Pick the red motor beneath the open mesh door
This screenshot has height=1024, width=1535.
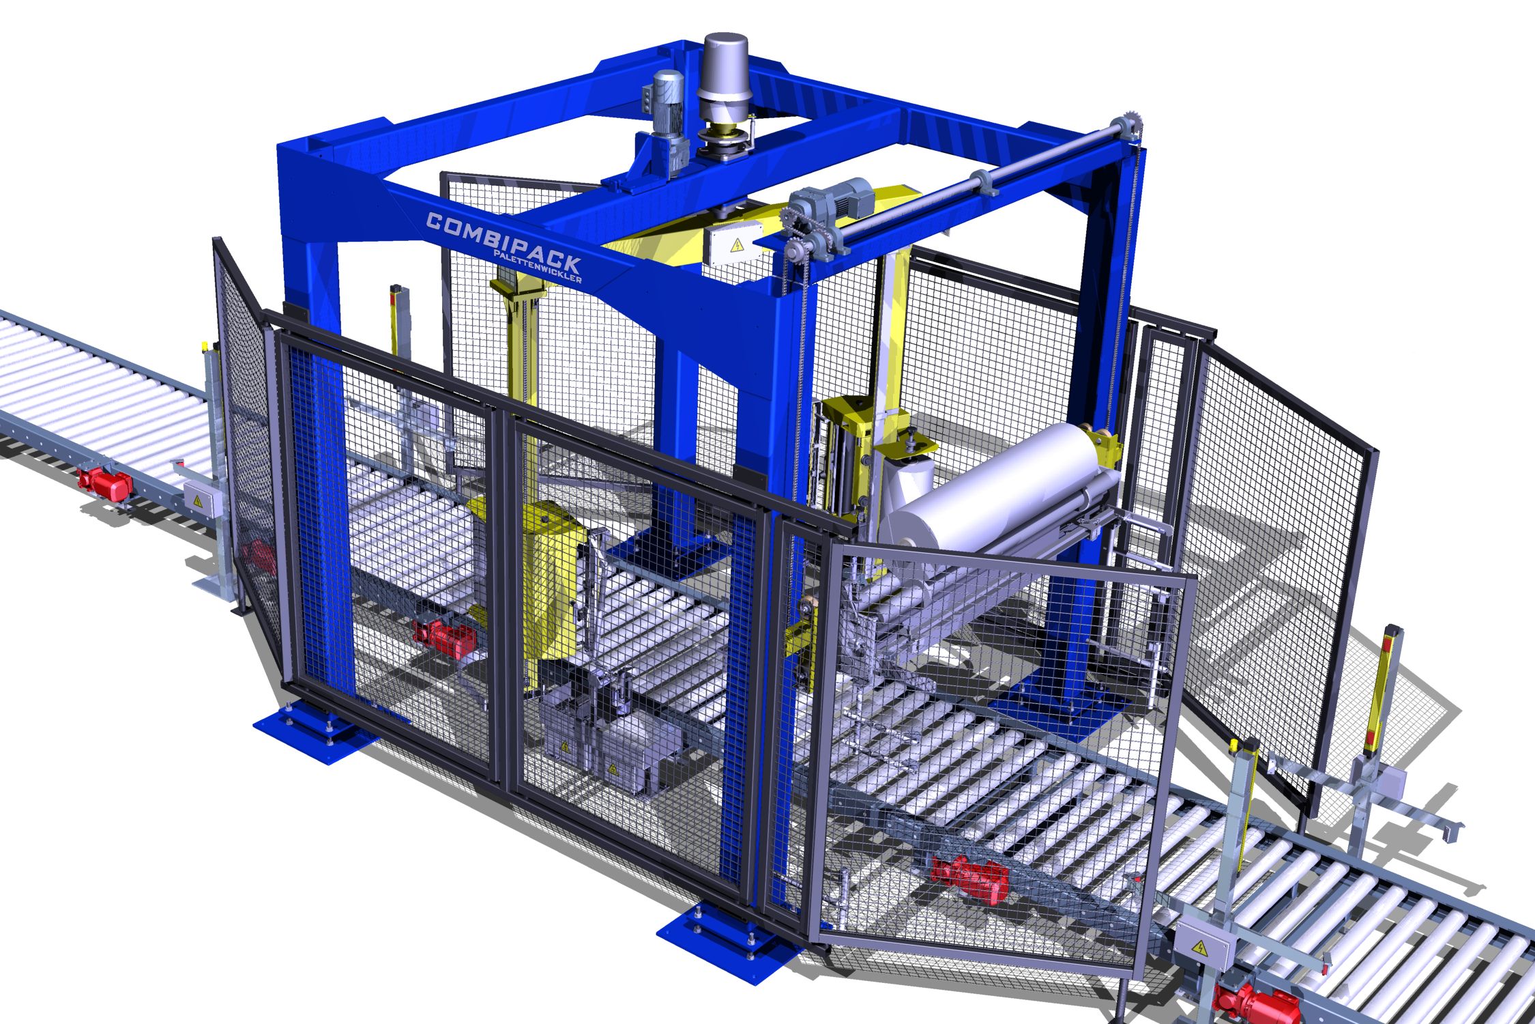pyautogui.click(x=968, y=875)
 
